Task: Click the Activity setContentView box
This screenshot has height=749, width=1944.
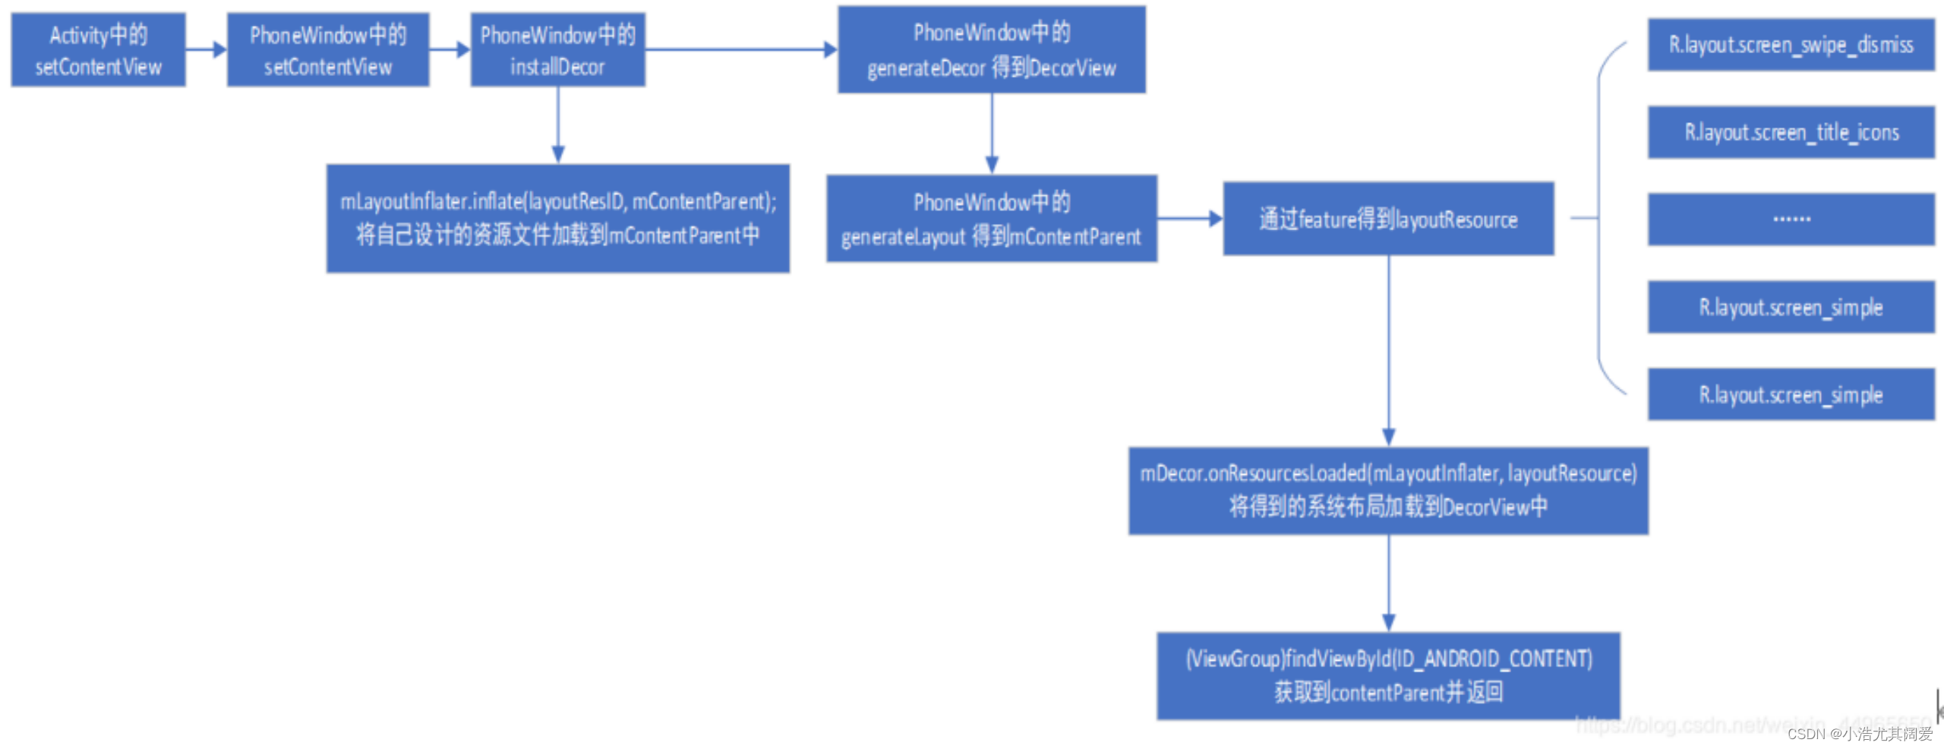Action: pyautogui.click(x=98, y=50)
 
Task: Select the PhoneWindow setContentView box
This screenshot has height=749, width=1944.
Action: pyautogui.click(x=328, y=50)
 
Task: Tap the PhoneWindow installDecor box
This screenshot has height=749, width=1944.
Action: pyautogui.click(x=557, y=50)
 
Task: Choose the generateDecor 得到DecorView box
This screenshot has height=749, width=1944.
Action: pyautogui.click(x=991, y=50)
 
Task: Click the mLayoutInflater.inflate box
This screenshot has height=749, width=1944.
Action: pyautogui.click(x=557, y=219)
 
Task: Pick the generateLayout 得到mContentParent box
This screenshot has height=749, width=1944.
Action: pyautogui.click(x=991, y=219)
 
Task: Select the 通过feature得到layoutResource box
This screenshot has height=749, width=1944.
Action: pyautogui.click(x=1388, y=219)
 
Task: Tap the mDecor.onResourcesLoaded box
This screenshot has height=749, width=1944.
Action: pyautogui.click(x=1388, y=491)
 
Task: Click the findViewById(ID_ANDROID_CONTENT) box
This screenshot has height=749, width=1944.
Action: pyautogui.click(x=1388, y=675)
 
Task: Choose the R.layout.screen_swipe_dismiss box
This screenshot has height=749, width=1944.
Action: pyautogui.click(x=1791, y=46)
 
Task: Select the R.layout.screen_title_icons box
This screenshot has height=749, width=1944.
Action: pyautogui.click(x=1791, y=133)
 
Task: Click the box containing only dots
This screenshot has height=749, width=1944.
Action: pyautogui.click(x=1791, y=220)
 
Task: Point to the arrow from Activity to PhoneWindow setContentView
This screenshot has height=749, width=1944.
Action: pyautogui.click(x=206, y=50)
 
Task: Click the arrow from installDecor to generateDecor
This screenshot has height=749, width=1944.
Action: pyautogui.click(x=740, y=50)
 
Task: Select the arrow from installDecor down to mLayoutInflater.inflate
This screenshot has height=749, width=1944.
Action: pyautogui.click(x=558, y=125)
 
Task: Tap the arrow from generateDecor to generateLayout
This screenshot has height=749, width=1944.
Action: pyautogui.click(x=992, y=134)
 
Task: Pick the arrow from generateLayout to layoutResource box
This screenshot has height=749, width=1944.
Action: pyautogui.click(x=1190, y=219)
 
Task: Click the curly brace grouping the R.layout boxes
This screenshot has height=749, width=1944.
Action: pyautogui.click(x=1599, y=219)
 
